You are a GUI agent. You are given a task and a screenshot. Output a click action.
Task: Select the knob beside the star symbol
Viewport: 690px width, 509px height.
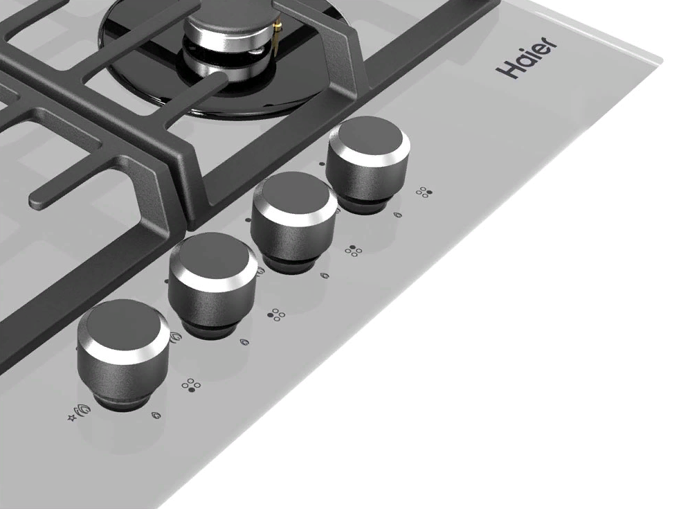122,354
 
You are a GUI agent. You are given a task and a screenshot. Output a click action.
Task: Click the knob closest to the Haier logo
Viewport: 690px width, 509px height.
368,163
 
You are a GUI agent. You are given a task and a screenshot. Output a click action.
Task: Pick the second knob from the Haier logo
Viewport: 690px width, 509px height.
294,222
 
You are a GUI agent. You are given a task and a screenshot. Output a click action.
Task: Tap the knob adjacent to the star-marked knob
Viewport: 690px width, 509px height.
212,284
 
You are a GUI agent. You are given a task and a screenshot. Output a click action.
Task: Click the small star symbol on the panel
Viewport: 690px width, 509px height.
72,418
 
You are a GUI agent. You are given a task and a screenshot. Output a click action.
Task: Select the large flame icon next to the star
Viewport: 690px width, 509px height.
84,411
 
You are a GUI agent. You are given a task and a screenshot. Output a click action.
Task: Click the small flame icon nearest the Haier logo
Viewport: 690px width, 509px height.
397,215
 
